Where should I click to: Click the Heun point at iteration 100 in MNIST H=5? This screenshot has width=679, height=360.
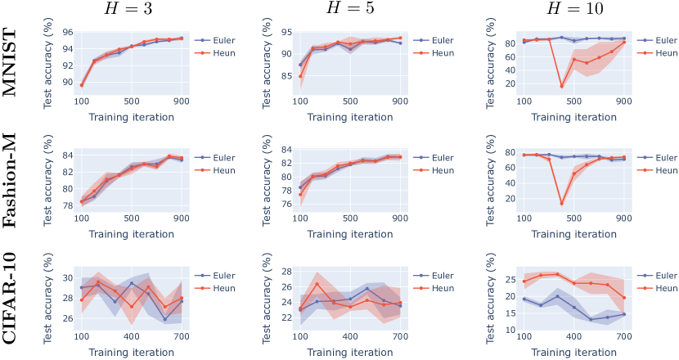300,77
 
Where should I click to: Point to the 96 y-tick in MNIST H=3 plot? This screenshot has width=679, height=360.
68,33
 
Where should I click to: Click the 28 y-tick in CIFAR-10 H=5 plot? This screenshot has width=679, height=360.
287,270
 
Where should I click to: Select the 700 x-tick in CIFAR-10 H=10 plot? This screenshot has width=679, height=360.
623,337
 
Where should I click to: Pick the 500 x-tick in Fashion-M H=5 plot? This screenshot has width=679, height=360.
349,218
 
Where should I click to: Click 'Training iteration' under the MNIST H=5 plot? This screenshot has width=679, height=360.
349,116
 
